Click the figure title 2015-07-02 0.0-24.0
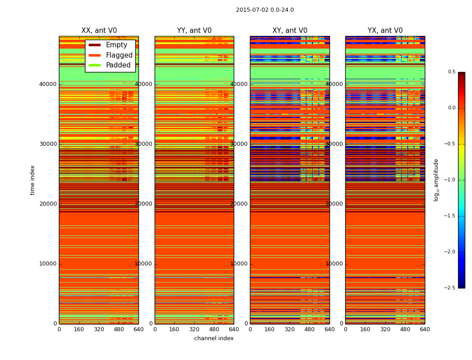[x=265, y=10]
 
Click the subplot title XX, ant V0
[x=99, y=31]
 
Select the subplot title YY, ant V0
[x=194, y=31]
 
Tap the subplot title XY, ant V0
[x=290, y=31]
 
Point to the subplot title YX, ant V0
[x=385, y=31]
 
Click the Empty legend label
[x=116, y=45]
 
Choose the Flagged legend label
[x=119, y=55]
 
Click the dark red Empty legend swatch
[x=94, y=45]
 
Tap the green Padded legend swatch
[x=94, y=65]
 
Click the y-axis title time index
[x=33, y=180]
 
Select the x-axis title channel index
[x=214, y=338]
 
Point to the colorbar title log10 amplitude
[x=436, y=180]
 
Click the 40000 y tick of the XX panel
[x=48, y=84]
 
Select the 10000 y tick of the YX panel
[x=334, y=264]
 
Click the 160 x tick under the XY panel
[x=270, y=329]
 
